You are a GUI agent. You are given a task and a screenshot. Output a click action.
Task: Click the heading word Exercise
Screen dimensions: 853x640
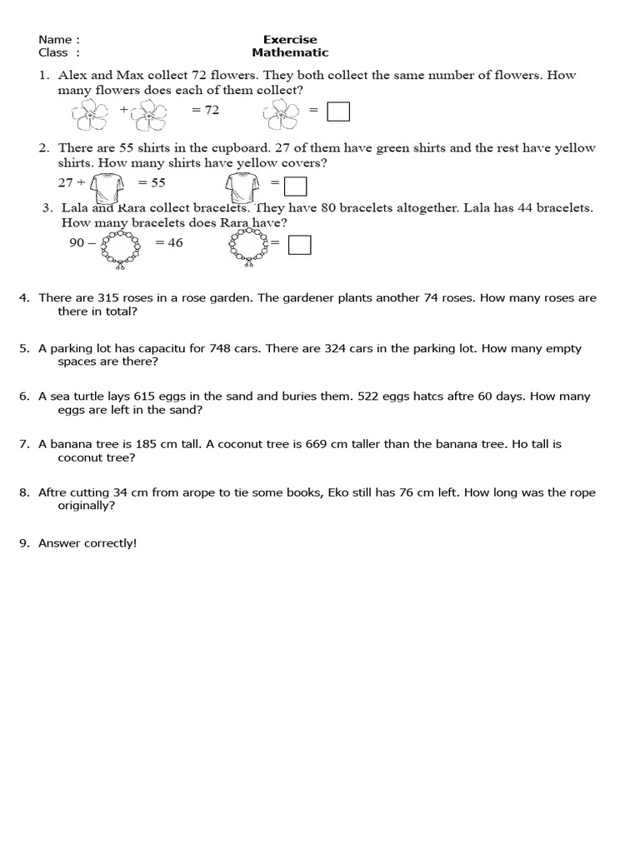290,39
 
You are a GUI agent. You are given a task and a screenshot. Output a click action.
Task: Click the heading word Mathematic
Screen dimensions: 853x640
290,52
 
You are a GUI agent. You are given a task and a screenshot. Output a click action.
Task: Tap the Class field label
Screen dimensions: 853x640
54,52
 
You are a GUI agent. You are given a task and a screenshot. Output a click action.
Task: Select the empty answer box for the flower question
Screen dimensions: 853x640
338,111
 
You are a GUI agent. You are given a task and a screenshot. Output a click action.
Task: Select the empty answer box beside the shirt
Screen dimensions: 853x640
296,184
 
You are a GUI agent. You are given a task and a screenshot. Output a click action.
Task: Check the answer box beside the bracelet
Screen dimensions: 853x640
299,244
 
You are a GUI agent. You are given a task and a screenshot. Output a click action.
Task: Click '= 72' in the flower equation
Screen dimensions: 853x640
205,110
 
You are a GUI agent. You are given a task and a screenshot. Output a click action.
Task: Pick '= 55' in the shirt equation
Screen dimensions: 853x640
152,182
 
